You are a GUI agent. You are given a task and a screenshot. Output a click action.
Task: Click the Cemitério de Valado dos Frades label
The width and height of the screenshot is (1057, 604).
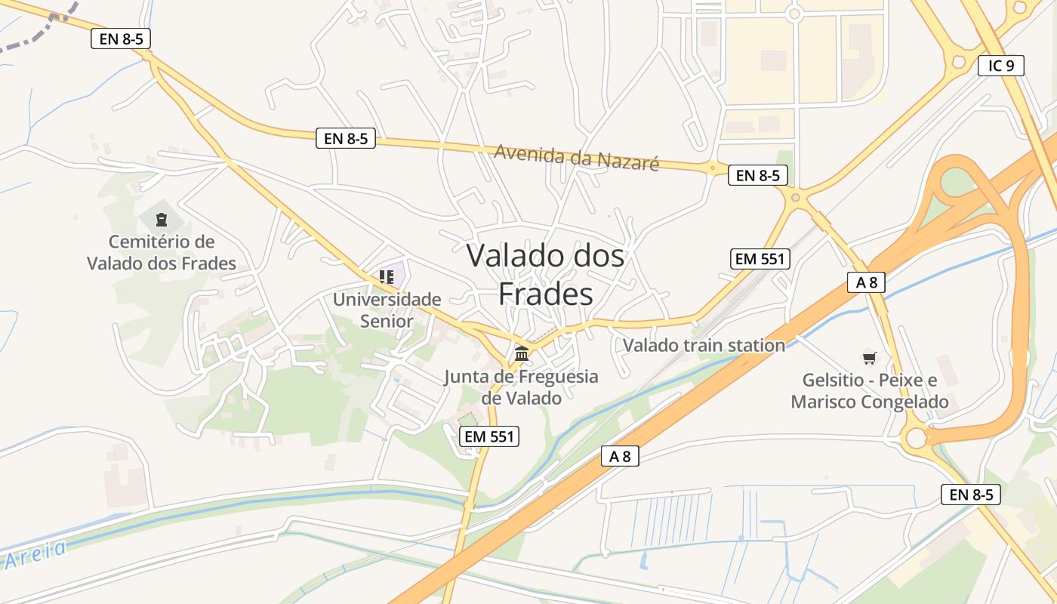coord(162,253)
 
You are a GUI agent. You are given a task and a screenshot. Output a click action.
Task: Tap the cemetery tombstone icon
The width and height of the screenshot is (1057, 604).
coord(160,220)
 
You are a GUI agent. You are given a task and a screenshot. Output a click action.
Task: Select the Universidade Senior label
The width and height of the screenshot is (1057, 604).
coord(387,310)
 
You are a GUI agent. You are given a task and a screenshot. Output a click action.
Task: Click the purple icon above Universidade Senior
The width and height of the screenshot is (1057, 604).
coord(387,277)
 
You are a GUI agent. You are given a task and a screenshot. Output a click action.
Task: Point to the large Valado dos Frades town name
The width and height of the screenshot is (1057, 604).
coord(545,274)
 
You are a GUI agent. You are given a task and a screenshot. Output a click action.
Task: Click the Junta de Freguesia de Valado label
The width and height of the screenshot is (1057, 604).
coord(521,387)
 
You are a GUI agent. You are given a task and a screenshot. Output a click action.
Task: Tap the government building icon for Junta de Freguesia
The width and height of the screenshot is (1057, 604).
coord(521,353)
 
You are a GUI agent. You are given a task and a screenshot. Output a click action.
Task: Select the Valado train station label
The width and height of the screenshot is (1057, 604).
coord(704,346)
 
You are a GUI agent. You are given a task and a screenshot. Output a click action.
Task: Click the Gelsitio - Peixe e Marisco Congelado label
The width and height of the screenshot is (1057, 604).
coord(870,390)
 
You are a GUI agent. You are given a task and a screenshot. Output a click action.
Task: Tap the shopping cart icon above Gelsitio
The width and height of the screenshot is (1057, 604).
coord(870,357)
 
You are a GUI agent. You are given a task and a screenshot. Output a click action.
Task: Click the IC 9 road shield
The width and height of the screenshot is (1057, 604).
coord(1001,66)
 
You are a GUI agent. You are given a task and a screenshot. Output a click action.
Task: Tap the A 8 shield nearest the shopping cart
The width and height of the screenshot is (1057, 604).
coord(866,282)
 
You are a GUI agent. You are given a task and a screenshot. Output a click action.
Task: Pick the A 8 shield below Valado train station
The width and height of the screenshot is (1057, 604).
coord(620,456)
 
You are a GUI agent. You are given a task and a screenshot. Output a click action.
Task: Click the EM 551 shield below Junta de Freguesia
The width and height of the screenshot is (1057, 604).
coord(489,436)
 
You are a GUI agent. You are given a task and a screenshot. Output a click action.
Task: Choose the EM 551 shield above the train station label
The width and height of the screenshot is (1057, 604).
coord(760,259)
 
